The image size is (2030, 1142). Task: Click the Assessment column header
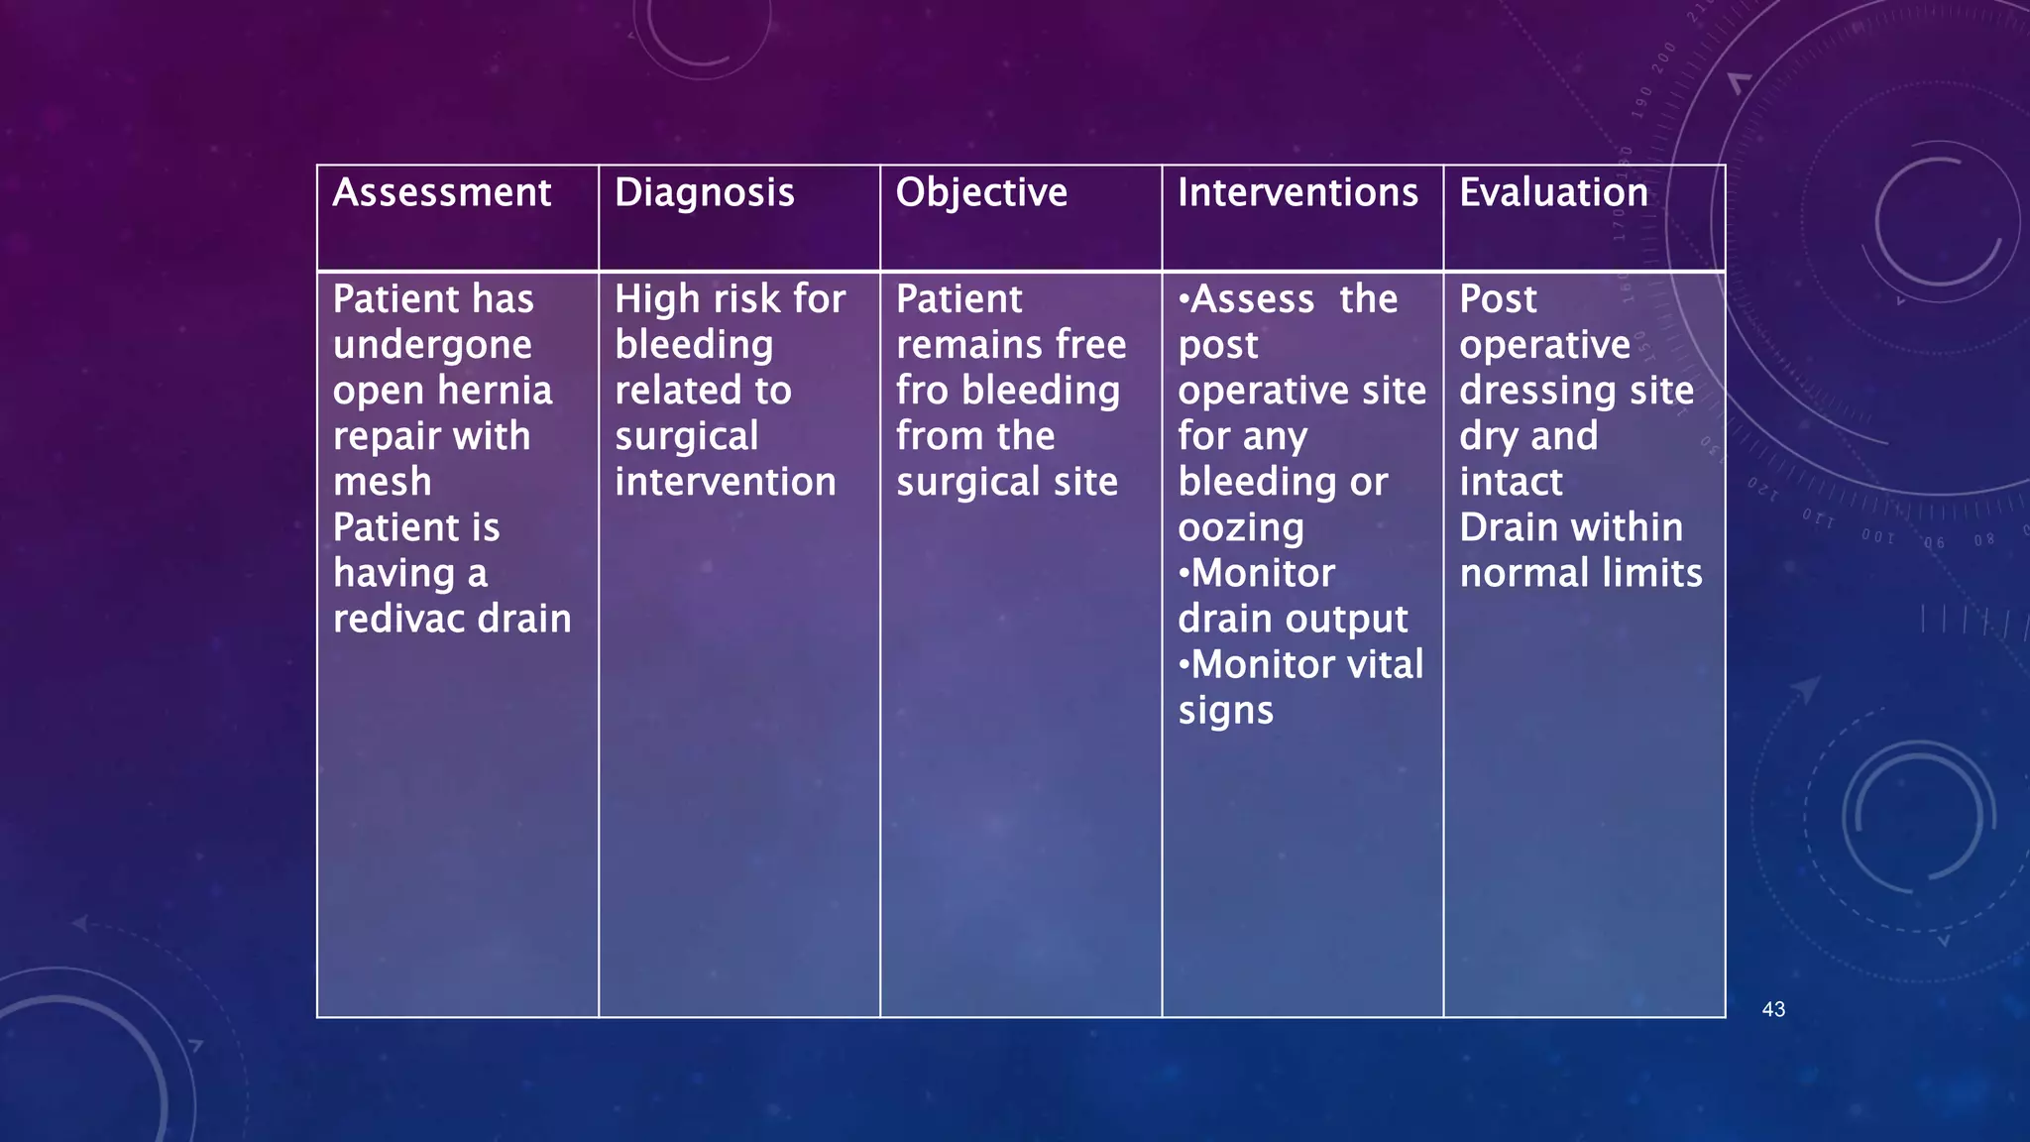tap(441, 192)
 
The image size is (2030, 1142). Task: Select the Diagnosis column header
tap(704, 192)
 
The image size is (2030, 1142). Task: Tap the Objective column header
tap(981, 192)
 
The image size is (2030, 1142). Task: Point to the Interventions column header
tap(1297, 192)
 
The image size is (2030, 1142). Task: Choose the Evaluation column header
tap(1553, 192)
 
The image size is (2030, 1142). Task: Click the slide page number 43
tap(1773, 1009)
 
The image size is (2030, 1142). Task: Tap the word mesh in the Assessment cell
tap(382, 482)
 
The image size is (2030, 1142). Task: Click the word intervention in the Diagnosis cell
tap(725, 482)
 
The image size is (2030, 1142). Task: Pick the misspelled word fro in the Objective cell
tap(922, 391)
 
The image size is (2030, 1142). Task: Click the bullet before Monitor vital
tap(1184, 664)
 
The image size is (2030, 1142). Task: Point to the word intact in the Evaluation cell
tap(1511, 482)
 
